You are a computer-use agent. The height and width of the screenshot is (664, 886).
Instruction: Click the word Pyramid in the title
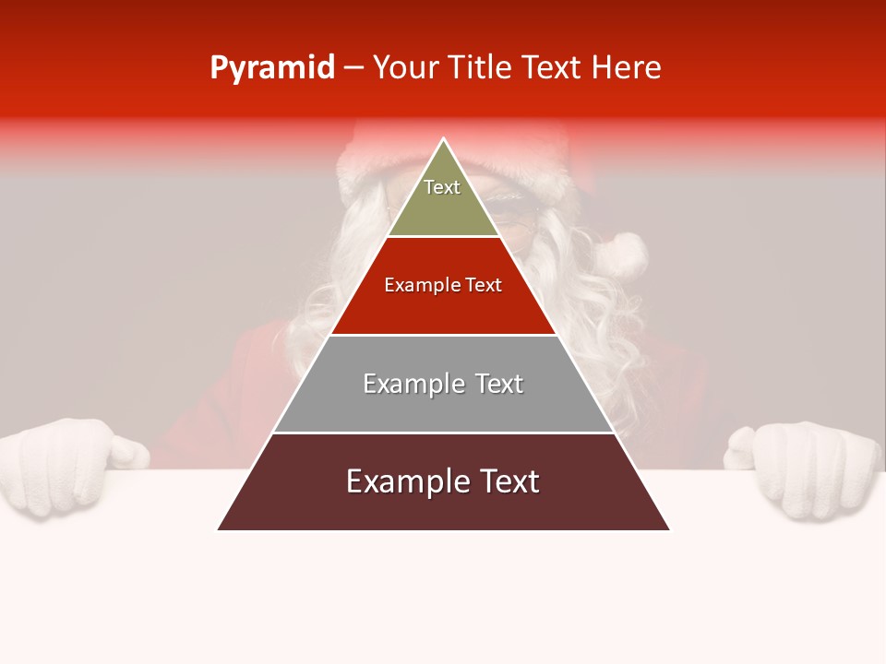271,68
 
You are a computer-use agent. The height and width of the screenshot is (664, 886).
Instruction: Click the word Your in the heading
403,68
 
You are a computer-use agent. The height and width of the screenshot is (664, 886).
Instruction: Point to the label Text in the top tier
442,187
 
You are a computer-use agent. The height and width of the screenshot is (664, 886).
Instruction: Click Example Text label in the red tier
443,285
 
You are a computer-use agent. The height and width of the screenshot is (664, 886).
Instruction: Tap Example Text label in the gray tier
443,384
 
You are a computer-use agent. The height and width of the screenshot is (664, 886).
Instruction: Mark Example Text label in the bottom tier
443,481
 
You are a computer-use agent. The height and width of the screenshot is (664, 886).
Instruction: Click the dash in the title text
353,68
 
